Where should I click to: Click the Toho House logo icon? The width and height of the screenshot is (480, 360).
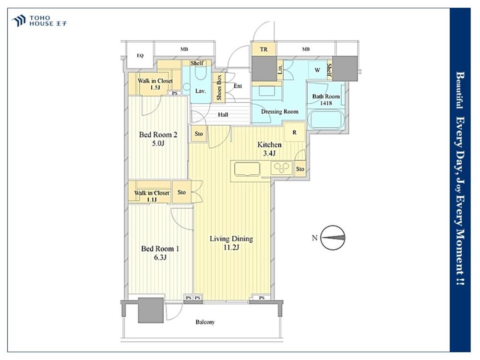click(x=19, y=21)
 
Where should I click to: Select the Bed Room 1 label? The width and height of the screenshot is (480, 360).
click(x=160, y=253)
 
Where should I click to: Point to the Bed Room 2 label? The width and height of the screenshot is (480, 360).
click(x=158, y=139)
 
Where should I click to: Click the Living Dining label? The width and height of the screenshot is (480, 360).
click(x=231, y=243)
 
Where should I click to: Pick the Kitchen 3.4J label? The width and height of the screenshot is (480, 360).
click(x=269, y=149)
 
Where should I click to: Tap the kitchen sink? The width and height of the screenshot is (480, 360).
click(x=247, y=169)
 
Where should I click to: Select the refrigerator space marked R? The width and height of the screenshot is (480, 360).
click(x=295, y=132)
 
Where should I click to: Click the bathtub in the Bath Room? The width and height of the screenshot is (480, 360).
click(x=325, y=120)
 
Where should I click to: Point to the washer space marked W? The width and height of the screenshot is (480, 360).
click(x=317, y=70)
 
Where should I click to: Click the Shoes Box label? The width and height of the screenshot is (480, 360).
click(x=219, y=87)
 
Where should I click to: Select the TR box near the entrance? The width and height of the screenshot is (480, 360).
click(x=264, y=49)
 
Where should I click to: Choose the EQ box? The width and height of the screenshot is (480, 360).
click(x=140, y=55)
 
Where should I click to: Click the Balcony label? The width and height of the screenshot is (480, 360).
click(x=205, y=322)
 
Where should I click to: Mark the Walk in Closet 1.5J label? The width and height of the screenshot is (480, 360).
click(x=155, y=84)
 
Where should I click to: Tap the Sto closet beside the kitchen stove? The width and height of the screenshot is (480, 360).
click(x=300, y=168)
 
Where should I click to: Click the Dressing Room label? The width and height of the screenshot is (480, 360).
click(x=279, y=111)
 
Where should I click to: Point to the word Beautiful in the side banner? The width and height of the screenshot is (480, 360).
click(x=460, y=90)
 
